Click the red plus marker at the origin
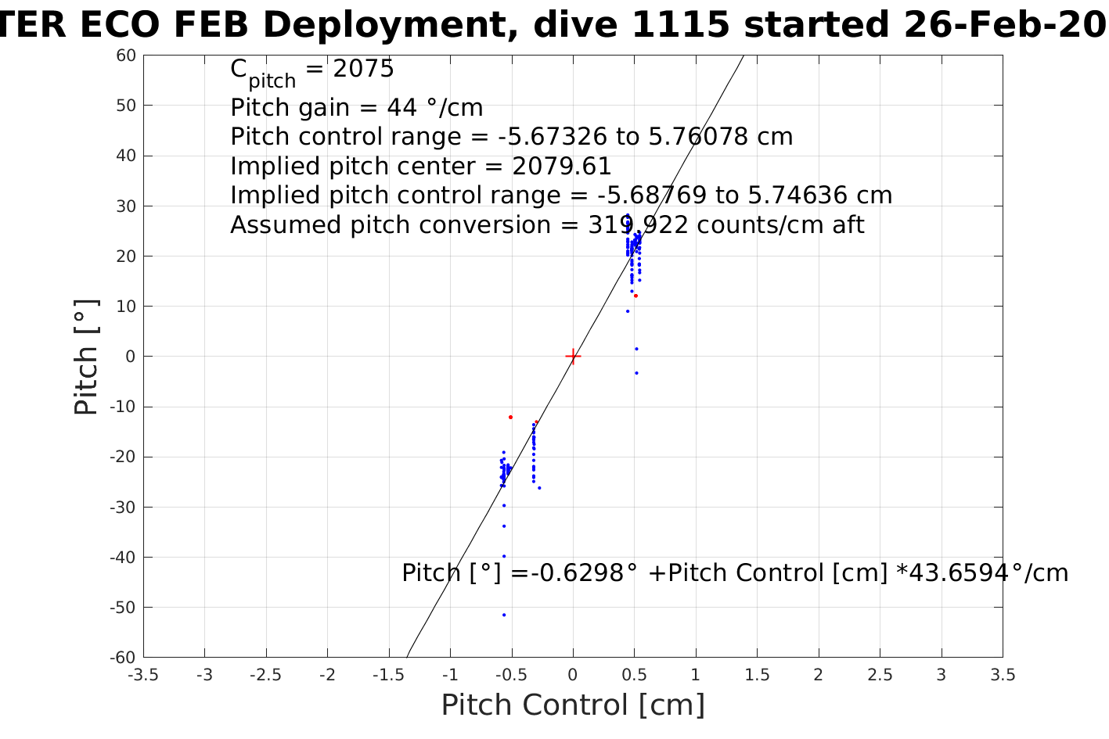point(573,357)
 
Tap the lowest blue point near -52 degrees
point(504,615)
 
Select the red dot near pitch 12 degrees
point(636,296)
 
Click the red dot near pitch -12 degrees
point(510,417)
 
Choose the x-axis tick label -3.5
point(143,675)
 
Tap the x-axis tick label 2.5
point(880,675)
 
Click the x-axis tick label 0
point(573,675)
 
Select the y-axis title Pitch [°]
point(86,357)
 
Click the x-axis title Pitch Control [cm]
point(573,705)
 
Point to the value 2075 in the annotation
point(363,70)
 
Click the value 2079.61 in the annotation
point(561,167)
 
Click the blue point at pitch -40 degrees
point(504,556)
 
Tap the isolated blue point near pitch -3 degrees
point(636,373)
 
